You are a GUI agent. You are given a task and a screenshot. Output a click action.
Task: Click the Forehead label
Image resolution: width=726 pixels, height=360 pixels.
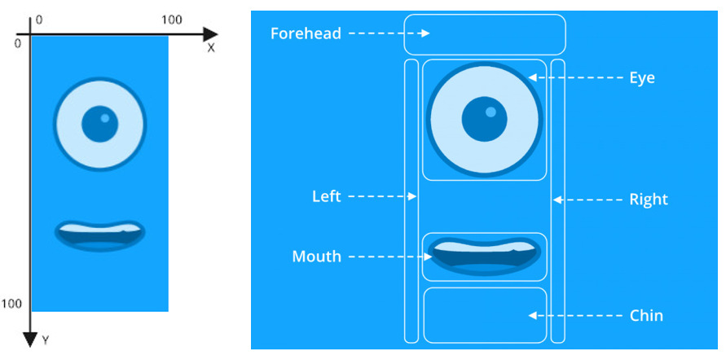point(306,33)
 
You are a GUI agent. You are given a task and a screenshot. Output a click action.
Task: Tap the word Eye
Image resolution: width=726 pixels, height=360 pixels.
point(642,77)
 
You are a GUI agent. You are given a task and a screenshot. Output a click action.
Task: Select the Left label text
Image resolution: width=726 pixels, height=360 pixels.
point(327,196)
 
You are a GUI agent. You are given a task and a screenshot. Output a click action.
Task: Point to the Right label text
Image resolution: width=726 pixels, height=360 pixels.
point(649,200)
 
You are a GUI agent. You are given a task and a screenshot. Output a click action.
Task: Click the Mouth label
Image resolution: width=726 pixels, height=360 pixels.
point(317,257)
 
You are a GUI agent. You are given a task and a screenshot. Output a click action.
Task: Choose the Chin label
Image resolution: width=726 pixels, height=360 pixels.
point(646,315)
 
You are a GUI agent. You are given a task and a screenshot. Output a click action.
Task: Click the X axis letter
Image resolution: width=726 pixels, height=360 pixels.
point(211,48)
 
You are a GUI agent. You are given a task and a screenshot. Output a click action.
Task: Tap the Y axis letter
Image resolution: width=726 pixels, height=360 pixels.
point(46,341)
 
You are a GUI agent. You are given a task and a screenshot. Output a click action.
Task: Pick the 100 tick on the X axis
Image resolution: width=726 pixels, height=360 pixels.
point(171,20)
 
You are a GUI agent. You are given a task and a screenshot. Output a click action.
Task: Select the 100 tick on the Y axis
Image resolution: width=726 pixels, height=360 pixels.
point(12,304)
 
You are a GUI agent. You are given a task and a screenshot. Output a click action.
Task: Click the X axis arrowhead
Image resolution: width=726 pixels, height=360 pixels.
point(210,34)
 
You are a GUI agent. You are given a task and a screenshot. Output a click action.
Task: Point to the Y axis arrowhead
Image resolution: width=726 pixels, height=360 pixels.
point(30,340)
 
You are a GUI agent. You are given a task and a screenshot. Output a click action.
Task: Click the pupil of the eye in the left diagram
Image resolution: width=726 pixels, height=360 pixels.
point(100,124)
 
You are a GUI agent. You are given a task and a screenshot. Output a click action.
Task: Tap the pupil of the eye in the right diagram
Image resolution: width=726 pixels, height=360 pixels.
point(484,119)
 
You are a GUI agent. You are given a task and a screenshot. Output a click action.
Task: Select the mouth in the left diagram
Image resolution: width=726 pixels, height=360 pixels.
point(100,236)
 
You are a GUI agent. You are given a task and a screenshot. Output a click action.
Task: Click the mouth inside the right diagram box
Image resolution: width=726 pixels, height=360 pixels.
point(484,257)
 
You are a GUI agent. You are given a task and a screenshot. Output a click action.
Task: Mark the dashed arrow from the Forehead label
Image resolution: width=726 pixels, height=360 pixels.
point(389,33)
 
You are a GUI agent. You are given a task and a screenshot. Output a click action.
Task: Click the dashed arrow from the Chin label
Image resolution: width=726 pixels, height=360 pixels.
point(575,315)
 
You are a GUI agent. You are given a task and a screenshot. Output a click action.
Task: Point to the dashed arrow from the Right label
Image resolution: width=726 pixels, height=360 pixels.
point(588,200)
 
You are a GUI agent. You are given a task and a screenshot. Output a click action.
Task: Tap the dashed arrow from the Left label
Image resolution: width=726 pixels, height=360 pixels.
point(382,196)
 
